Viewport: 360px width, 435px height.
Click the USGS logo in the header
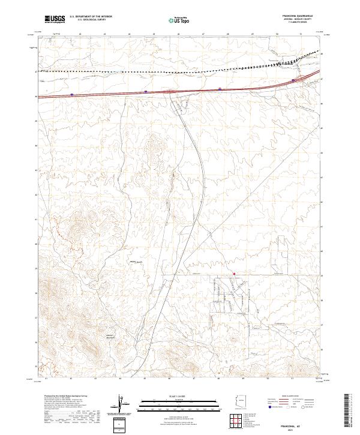(x=54, y=19)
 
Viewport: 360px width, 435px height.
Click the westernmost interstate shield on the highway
(x=71, y=94)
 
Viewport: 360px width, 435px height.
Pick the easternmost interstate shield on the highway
(x=293, y=80)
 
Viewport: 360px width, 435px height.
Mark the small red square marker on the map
(x=234, y=275)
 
